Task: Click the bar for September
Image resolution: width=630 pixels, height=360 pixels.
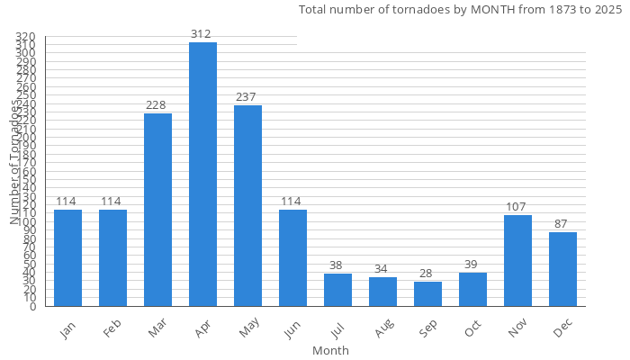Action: point(427,293)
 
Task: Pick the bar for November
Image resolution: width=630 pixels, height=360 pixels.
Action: point(517,260)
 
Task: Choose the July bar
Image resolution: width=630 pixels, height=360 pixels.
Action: point(337,290)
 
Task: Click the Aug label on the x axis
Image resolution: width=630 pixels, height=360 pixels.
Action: point(383,330)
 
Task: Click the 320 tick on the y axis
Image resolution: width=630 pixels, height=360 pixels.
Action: point(25,37)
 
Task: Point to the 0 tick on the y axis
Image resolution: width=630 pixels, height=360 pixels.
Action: point(32,306)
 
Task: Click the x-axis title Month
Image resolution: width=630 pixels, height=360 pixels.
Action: point(330,350)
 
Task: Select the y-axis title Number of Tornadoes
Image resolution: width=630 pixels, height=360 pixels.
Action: point(14,162)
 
